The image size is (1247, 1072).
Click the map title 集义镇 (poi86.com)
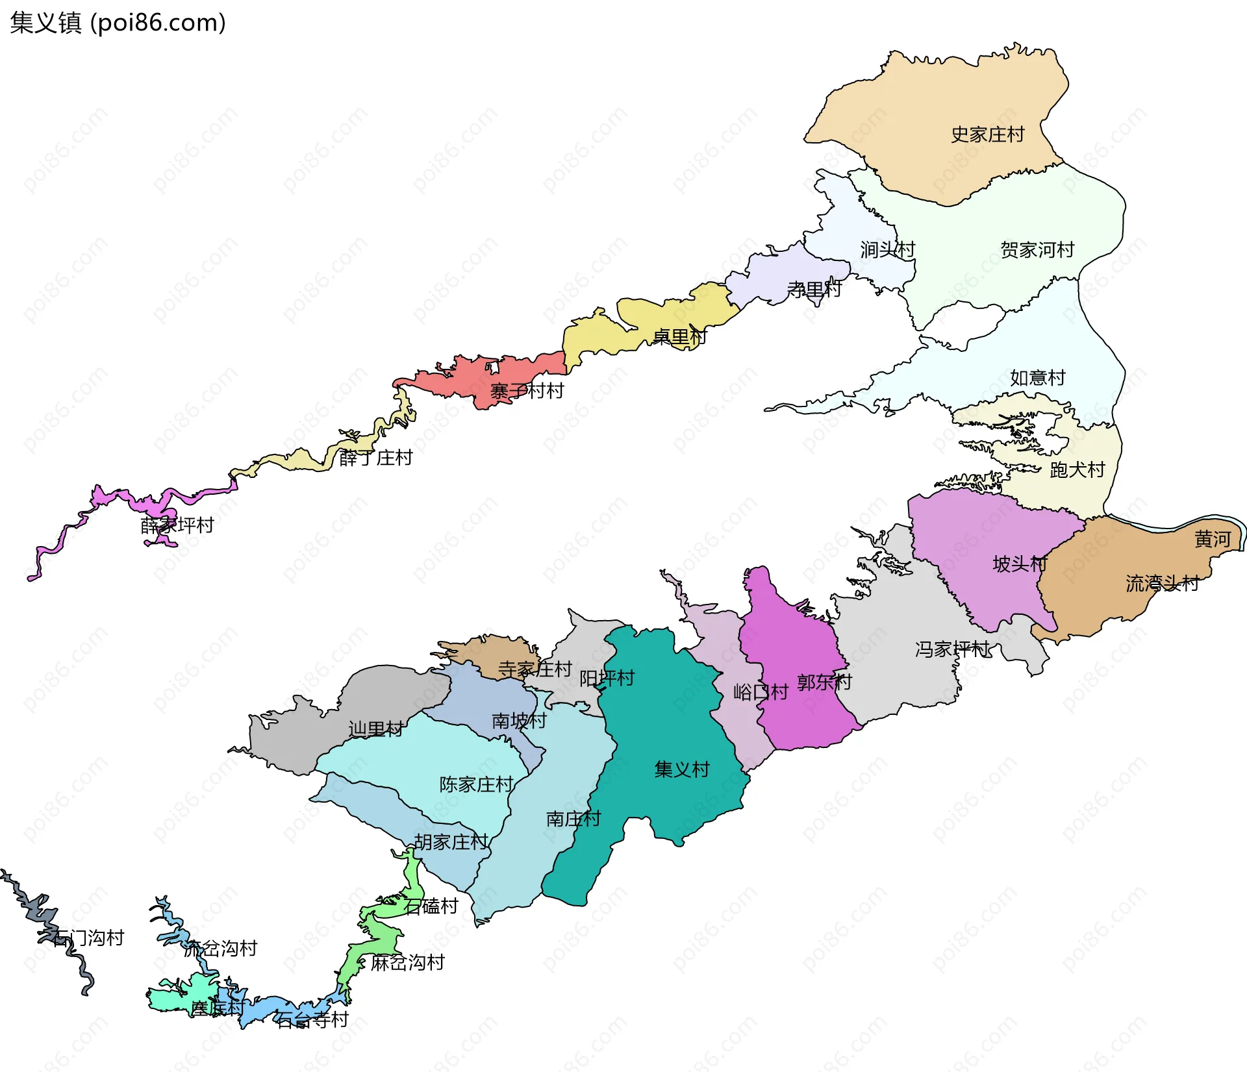118,23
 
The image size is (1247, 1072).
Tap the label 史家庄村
987,134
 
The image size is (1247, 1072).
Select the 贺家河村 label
1037,250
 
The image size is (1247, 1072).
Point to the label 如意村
1037,377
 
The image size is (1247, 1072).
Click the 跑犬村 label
1077,469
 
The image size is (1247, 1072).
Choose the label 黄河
1212,539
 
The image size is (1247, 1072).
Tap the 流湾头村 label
1162,583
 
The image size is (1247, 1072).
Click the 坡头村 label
1020,564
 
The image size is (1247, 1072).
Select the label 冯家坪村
951,649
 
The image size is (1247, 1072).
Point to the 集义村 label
681,769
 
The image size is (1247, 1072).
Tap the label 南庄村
573,819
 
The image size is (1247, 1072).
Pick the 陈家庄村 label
476,784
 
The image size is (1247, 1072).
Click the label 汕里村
375,729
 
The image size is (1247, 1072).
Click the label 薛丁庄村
375,458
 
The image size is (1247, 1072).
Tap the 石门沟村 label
88,938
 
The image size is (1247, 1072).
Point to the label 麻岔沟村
407,962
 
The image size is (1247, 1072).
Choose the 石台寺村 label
312,1019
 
